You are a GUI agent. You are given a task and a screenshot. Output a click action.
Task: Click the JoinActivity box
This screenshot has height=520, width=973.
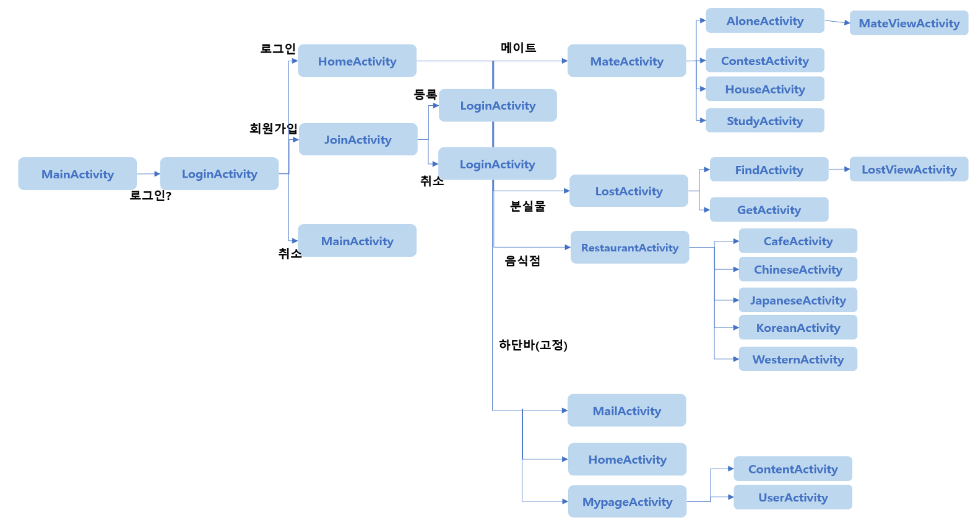358,139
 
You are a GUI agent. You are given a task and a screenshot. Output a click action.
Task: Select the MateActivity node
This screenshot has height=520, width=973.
626,61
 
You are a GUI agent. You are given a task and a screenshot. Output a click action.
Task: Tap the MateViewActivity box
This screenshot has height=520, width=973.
909,24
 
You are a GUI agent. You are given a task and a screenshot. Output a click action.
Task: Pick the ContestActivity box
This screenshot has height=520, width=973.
764,61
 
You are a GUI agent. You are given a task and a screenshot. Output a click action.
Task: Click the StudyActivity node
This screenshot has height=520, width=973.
764,121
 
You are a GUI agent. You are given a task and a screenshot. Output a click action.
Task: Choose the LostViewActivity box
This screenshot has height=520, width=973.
909,169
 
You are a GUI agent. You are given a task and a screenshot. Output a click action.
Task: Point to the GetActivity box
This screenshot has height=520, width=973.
769,210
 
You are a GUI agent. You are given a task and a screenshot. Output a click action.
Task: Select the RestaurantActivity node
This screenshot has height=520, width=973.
629,248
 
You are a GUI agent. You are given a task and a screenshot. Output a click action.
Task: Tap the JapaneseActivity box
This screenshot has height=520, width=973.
798,300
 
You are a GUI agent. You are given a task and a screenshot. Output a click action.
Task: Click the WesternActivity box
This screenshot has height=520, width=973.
798,359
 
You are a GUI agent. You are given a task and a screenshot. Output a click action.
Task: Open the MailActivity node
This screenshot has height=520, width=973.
626,410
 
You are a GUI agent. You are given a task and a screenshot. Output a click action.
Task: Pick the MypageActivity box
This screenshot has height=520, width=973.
627,501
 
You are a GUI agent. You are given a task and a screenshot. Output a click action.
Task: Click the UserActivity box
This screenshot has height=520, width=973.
793,497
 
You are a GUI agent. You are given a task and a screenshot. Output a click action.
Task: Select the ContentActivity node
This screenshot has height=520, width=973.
793,469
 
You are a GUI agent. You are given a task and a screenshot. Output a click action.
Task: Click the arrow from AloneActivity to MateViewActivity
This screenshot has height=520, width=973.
837,22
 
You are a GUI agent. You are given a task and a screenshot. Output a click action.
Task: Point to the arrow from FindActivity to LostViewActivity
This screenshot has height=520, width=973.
839,169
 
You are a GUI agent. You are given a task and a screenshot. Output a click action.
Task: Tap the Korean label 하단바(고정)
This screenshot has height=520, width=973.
533,345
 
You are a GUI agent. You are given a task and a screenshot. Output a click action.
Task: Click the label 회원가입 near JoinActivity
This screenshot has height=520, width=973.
273,128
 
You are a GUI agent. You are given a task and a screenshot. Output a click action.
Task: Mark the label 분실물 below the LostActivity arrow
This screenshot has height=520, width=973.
527,206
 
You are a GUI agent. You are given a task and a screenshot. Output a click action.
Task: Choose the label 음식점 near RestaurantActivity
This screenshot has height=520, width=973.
522,261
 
